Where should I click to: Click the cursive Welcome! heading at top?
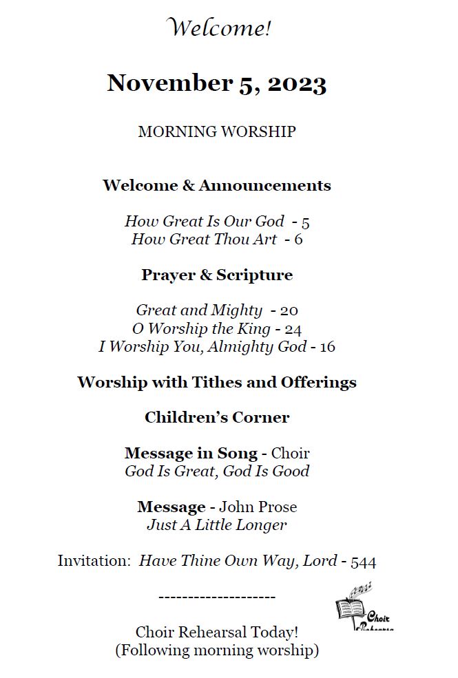pos(219,29)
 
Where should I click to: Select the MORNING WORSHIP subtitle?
pos(217,131)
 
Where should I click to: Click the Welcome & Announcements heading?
pos(217,186)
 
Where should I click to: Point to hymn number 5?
pos(306,222)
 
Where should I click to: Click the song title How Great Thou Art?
pos(204,240)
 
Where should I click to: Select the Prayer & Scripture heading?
pos(217,275)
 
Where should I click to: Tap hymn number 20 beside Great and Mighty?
pos(289,311)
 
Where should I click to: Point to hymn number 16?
pos(328,347)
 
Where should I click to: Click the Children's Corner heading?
pos(217,418)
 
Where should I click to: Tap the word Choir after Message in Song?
pos(290,454)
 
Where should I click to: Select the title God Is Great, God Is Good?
pos(217,472)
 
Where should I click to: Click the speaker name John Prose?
pos(258,507)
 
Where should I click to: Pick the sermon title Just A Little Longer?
pos(217,525)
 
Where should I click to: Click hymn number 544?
pos(363,562)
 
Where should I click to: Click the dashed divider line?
pos(217,597)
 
